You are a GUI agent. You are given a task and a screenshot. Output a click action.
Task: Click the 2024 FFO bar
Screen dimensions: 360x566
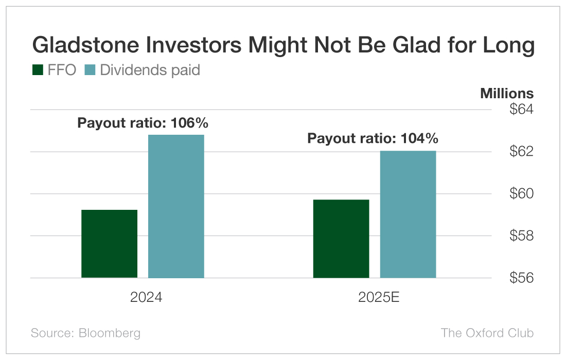click(109, 244)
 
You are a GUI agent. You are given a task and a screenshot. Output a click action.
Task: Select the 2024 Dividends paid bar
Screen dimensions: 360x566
click(176, 206)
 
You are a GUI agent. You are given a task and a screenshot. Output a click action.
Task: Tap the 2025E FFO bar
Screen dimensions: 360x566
click(341, 239)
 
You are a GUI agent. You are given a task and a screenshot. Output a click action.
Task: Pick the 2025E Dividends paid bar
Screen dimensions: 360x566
click(408, 214)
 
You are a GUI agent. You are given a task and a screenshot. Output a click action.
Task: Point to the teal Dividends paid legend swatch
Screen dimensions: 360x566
click(90, 70)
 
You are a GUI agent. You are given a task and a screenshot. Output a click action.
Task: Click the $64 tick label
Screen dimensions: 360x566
click(521, 110)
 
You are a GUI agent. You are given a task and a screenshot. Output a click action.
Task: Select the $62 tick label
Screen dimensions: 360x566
click(521, 152)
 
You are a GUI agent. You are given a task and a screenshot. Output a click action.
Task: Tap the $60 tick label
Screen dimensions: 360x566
click(521, 194)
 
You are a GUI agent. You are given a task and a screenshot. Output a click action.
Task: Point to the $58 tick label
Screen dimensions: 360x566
click(521, 236)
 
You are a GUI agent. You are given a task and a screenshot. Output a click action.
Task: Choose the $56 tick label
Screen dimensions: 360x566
click(521, 278)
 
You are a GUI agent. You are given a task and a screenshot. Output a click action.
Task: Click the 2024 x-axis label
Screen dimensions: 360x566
click(146, 298)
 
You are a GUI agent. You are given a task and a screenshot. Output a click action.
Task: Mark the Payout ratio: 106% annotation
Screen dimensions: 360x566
click(143, 123)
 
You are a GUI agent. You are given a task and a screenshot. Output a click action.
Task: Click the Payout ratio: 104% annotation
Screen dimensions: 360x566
click(373, 138)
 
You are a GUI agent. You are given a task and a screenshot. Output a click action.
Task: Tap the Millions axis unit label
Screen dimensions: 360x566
click(507, 94)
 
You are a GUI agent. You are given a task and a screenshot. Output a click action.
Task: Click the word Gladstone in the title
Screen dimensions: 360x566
click(85, 46)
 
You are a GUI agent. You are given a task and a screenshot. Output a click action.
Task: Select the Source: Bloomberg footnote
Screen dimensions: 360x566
click(85, 333)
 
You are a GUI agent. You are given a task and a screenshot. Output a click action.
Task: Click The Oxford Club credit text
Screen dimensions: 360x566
click(487, 333)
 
